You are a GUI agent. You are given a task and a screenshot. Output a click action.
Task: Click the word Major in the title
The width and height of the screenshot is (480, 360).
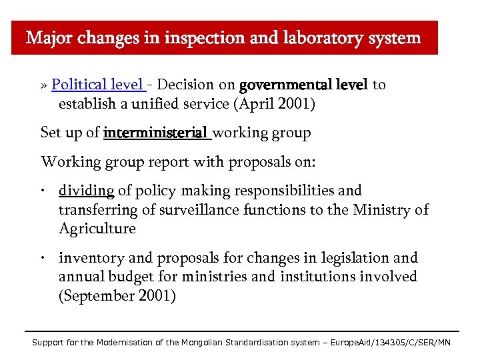51,38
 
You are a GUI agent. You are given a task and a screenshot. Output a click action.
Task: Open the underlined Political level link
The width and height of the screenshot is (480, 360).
96,85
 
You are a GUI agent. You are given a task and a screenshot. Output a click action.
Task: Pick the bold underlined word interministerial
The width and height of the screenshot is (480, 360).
156,133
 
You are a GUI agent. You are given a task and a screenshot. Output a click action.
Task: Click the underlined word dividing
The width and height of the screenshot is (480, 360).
87,191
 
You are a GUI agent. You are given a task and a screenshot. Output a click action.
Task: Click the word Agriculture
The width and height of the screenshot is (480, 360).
97,229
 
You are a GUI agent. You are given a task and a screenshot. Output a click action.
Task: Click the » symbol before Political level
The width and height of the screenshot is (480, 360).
44,85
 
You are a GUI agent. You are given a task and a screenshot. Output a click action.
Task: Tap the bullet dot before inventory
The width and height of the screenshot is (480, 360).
42,258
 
